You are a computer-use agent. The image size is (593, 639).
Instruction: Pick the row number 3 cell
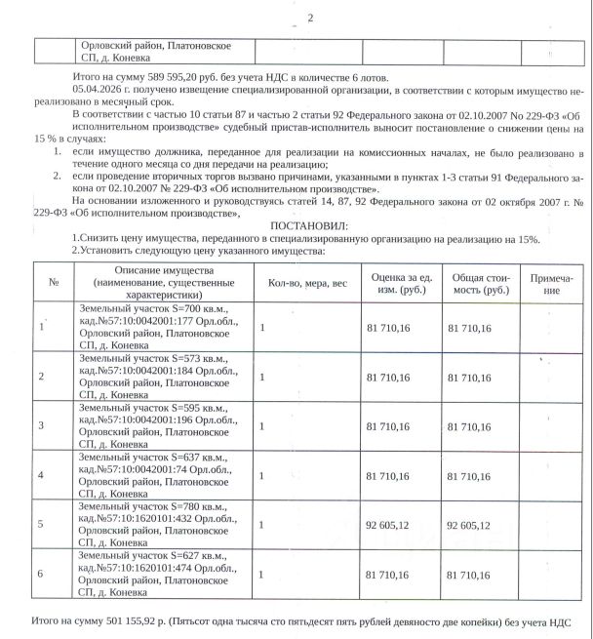41,425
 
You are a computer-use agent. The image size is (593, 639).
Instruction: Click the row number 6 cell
41,574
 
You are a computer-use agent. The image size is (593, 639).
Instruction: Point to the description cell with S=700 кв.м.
154,325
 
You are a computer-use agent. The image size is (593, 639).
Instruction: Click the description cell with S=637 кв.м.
154,474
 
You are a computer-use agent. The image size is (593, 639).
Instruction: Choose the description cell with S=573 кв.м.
154,375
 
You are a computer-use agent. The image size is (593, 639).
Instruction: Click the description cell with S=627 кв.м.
154,574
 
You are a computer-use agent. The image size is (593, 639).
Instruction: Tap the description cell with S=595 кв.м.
154,425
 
